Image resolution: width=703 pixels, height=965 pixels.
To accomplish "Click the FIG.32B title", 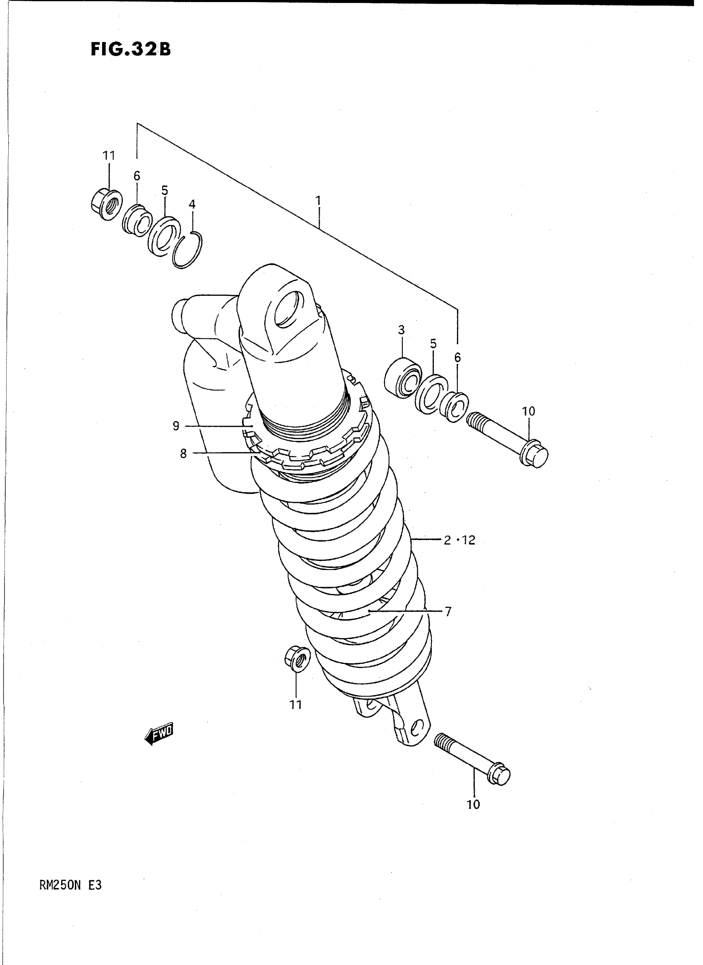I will click(130, 49).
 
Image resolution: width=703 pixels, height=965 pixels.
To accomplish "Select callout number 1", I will click(318, 201).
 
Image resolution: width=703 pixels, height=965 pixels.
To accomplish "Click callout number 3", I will click(401, 330).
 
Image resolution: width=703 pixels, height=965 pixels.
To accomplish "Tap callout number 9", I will click(176, 426).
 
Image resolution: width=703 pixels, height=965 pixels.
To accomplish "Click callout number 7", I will click(448, 612).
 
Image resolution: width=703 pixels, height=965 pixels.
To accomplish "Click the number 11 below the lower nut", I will click(296, 705).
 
